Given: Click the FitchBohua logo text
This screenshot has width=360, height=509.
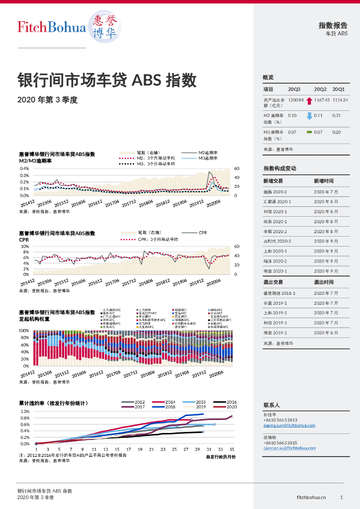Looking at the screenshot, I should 51,27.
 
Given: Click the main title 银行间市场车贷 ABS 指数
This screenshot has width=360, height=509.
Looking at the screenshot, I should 107,80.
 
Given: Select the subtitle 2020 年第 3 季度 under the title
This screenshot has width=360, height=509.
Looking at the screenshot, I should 48,99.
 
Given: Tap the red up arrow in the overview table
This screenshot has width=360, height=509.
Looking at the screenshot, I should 309,100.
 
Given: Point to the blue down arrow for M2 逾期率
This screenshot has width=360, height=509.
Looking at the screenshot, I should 309,116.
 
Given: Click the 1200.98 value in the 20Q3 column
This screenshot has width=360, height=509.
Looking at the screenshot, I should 295,100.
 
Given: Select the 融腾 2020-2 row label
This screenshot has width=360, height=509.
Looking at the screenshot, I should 275,192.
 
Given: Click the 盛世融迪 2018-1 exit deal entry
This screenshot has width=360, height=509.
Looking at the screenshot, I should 279,293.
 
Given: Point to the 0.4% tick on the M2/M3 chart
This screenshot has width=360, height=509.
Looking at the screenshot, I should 24,169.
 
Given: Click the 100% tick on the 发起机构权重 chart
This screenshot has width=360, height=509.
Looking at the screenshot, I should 24,331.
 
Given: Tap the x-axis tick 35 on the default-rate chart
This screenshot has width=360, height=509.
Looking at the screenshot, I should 232,449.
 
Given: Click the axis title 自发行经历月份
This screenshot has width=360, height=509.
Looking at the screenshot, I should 221,456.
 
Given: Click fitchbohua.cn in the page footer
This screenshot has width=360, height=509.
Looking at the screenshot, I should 311,497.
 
